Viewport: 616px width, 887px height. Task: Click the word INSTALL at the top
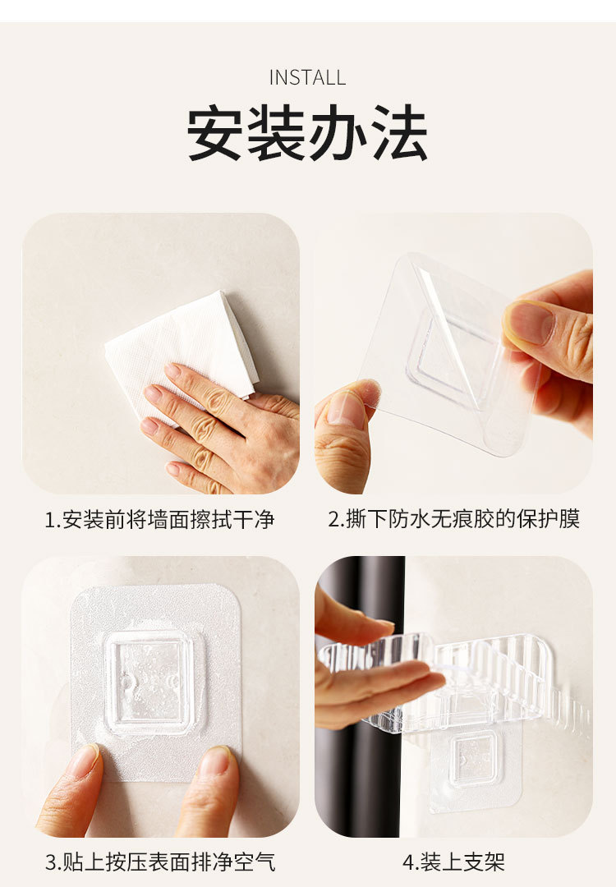coord(307,77)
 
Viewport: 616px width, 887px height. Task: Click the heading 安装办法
coord(307,133)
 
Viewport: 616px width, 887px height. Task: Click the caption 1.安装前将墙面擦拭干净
coord(159,519)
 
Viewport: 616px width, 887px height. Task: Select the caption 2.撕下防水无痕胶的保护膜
coord(454,519)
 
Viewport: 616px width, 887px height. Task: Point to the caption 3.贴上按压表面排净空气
coord(160,862)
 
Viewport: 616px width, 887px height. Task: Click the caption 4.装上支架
coord(454,862)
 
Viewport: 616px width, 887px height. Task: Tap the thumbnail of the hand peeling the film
coord(453,353)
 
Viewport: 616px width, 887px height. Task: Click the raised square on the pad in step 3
coord(150,682)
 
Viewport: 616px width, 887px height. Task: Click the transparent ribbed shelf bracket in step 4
coord(458,679)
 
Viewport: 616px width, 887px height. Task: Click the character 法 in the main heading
coord(399,133)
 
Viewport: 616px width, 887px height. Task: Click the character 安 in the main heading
coord(215,133)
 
